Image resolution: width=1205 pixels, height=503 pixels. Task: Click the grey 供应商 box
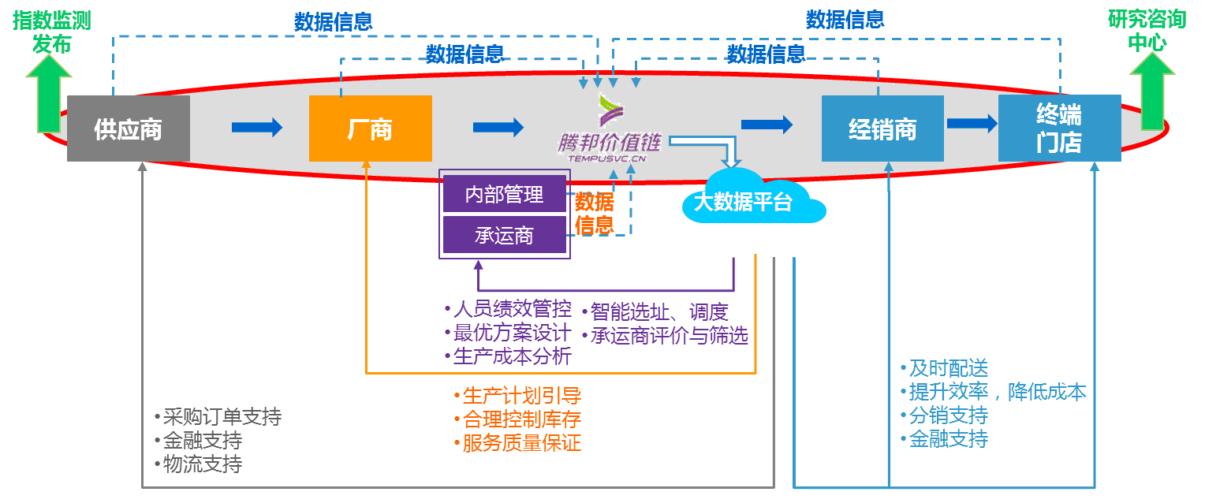pos(128,129)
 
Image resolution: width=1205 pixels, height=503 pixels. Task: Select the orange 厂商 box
pos(370,129)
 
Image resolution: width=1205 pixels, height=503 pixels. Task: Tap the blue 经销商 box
pos(882,129)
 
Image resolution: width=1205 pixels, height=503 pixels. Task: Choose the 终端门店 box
pos(1059,129)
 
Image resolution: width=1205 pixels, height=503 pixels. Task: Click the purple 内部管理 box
pos(504,195)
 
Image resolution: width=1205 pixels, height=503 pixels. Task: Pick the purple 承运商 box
pos(504,235)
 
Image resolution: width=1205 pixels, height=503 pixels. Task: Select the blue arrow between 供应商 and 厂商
pos(257,127)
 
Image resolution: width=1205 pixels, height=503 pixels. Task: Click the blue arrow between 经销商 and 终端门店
pos(972,123)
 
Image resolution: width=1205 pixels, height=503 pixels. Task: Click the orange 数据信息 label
pos(595,213)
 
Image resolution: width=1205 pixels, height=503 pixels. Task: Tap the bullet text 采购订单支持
pos(218,417)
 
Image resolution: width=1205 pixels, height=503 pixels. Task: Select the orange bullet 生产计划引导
pos(517,395)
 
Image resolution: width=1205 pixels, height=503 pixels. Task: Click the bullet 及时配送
pos(944,368)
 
